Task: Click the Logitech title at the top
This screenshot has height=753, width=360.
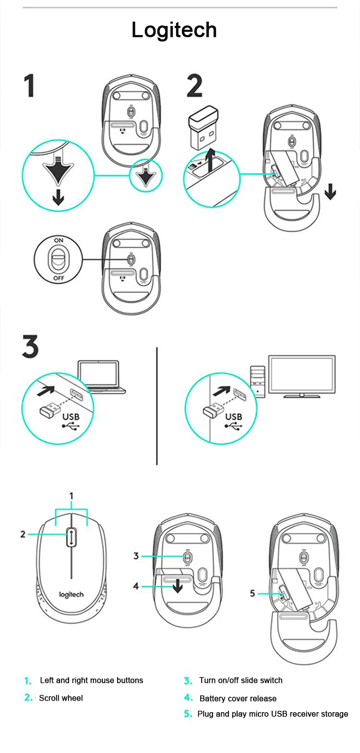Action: [x=174, y=30]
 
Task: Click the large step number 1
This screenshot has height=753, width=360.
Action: [x=30, y=86]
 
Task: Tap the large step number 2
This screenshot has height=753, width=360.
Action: [x=194, y=86]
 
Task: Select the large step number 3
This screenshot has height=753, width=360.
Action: [x=30, y=347]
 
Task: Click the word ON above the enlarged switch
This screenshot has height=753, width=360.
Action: [x=59, y=240]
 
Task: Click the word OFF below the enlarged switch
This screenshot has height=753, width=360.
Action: [x=59, y=278]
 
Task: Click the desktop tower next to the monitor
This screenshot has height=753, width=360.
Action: [x=258, y=381]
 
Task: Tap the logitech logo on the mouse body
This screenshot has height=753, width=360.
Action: [x=71, y=595]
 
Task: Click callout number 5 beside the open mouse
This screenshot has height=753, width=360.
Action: [x=252, y=594]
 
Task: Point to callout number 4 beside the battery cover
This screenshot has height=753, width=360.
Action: [x=136, y=586]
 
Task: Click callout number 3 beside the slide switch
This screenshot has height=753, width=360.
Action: [x=136, y=556]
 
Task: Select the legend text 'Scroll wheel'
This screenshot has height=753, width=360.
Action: [x=61, y=698]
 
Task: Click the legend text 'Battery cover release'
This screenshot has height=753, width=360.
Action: [x=238, y=698]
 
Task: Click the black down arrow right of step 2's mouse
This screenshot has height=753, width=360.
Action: [x=330, y=193]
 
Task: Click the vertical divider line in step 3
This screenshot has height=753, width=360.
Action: [x=157, y=406]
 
